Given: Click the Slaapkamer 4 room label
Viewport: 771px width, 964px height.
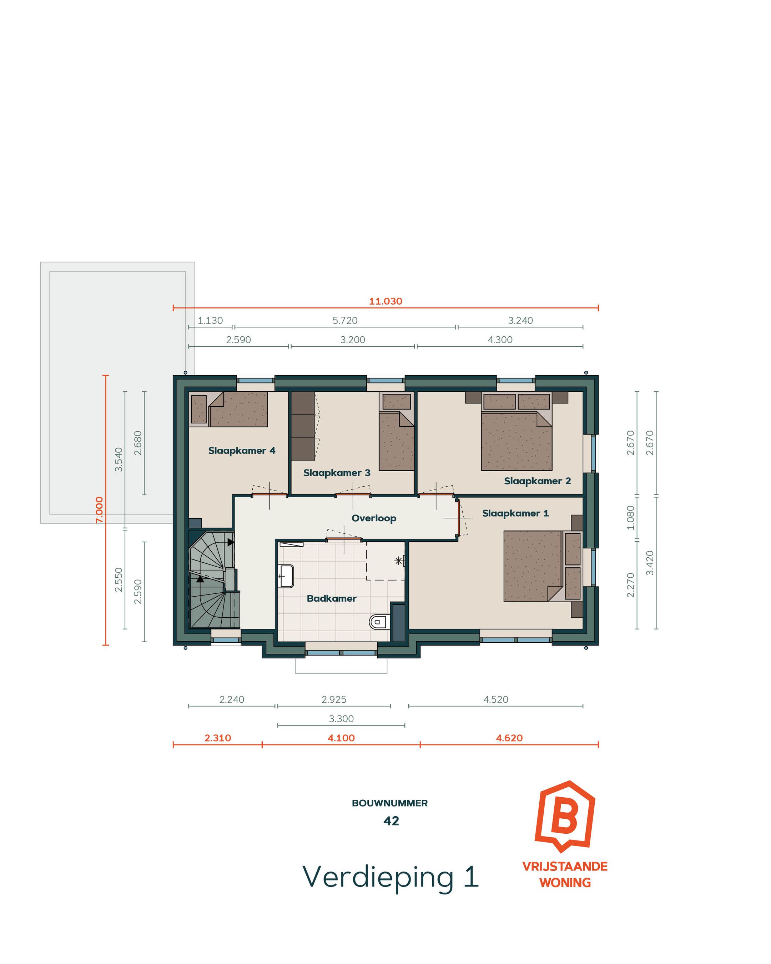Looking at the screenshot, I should click(x=241, y=451).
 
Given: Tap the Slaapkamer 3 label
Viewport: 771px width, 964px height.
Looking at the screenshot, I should click(x=337, y=473).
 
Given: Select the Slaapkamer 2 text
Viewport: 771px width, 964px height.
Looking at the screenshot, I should click(x=537, y=481).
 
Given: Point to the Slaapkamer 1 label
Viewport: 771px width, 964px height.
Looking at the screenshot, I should click(x=515, y=513).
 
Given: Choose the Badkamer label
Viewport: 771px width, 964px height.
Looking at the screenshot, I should click(x=331, y=598).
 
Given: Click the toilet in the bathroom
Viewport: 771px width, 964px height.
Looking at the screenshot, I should click(x=378, y=622).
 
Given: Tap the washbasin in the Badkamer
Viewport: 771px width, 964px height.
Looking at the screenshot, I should click(x=286, y=576).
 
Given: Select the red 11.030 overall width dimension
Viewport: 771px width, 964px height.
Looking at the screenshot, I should click(x=385, y=301).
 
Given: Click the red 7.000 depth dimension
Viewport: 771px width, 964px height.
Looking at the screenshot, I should click(x=99, y=510).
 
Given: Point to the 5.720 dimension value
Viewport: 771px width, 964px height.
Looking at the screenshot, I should click(x=344, y=321).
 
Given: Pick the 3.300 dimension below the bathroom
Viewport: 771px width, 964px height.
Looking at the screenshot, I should click(x=341, y=719).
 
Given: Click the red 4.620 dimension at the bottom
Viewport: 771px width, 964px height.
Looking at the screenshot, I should click(x=509, y=738).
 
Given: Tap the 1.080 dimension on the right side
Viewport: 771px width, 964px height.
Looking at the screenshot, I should click(x=630, y=517).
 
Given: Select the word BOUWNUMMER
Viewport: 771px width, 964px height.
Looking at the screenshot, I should click(x=390, y=803).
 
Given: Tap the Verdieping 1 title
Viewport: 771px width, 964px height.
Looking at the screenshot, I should click(x=390, y=877).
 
